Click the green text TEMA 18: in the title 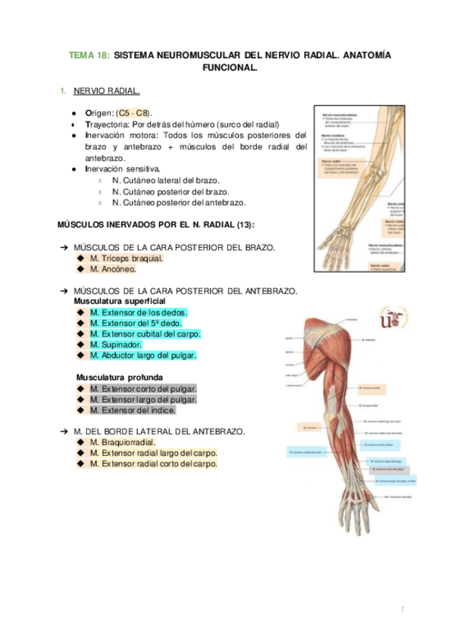[x=89, y=55]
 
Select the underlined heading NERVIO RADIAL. [x=106, y=91]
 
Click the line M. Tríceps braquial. [x=126, y=258]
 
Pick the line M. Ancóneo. [x=113, y=269]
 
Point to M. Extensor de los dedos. [x=138, y=312]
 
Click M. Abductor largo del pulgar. [x=142, y=355]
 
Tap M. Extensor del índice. [x=133, y=410]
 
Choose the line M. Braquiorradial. [x=123, y=442]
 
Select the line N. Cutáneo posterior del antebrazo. [x=179, y=203]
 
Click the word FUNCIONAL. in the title [x=230, y=67]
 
